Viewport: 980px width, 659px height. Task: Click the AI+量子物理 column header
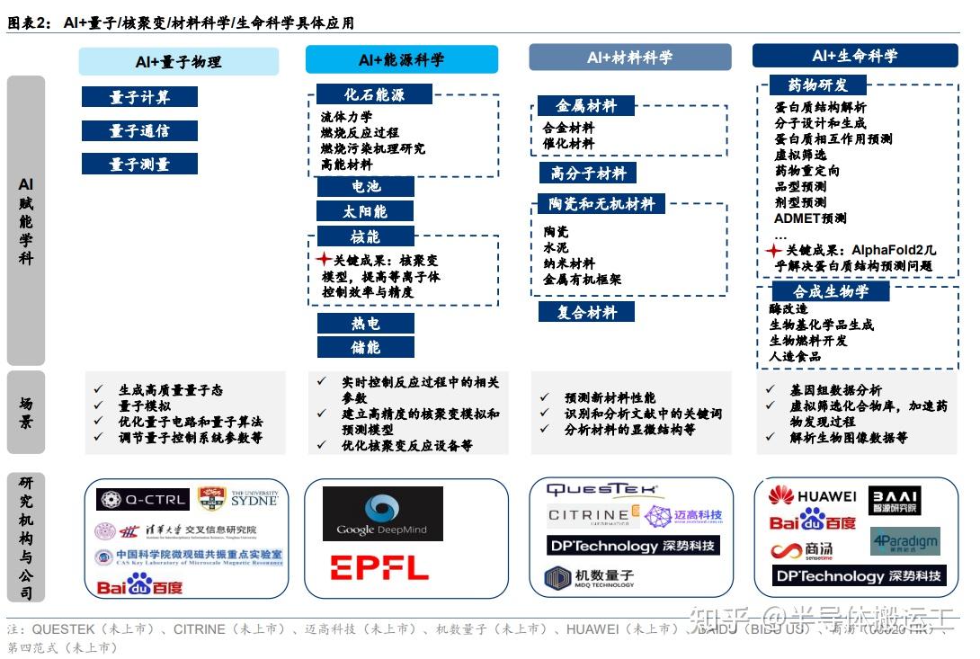click(x=178, y=61)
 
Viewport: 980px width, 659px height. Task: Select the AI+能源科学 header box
click(x=401, y=60)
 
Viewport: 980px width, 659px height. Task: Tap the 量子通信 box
click(x=139, y=130)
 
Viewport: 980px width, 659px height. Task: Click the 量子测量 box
click(x=139, y=164)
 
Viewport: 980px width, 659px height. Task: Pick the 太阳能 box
click(x=365, y=211)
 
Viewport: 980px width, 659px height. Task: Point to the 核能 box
click(x=365, y=236)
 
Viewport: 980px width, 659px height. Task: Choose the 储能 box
click(x=365, y=347)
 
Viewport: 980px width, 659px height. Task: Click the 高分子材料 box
click(x=587, y=173)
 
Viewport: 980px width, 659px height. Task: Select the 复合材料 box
click(x=587, y=312)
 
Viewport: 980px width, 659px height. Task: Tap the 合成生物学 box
click(x=830, y=291)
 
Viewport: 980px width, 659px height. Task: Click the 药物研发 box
click(x=817, y=85)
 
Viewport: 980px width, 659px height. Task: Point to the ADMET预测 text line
click(x=810, y=218)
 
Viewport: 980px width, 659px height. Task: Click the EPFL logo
click(x=379, y=567)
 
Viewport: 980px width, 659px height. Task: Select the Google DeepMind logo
click(x=383, y=513)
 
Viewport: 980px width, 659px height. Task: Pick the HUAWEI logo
click(x=812, y=495)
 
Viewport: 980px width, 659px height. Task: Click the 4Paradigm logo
click(x=904, y=541)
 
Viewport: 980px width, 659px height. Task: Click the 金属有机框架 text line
click(x=582, y=280)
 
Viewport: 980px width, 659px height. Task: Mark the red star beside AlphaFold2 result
click(x=773, y=250)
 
